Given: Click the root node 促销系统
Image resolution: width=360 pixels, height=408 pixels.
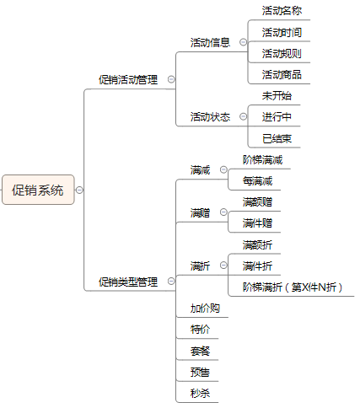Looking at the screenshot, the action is (38, 190).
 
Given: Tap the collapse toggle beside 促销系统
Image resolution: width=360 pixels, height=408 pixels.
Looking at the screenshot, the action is (79, 191).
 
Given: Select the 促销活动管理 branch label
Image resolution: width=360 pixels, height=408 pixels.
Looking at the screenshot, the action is (128, 80).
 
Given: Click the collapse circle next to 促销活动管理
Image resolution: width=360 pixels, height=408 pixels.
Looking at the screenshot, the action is (171, 79).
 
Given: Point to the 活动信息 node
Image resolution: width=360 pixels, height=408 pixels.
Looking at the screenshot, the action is (210, 43).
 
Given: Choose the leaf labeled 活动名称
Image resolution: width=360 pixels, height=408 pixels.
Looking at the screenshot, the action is (282, 11).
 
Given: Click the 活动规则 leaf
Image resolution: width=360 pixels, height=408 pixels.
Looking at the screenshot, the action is (282, 53).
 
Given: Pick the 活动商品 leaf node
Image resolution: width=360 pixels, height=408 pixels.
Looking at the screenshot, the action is (282, 75).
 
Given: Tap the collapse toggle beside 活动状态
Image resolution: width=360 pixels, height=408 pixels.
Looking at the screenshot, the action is (243, 116).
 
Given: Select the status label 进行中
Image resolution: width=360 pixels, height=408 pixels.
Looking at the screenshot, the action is (277, 117).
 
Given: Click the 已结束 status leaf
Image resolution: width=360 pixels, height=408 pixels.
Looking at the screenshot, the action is (277, 138).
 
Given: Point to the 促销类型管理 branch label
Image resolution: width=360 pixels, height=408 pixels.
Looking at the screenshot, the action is (128, 282).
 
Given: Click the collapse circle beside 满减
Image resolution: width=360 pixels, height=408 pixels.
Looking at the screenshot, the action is (223, 169).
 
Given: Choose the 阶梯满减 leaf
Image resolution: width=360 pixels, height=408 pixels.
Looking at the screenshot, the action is (263, 160).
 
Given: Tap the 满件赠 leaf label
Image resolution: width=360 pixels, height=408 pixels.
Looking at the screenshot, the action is (257, 223).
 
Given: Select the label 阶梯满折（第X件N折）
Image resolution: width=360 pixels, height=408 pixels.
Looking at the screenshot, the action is (293, 287).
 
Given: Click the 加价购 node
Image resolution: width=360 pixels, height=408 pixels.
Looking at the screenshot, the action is (205, 309).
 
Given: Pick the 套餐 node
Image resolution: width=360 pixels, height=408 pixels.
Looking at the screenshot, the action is (200, 351).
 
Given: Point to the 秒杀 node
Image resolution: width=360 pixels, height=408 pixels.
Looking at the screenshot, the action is (200, 394).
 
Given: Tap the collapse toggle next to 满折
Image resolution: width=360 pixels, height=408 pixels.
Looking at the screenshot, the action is (223, 266).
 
